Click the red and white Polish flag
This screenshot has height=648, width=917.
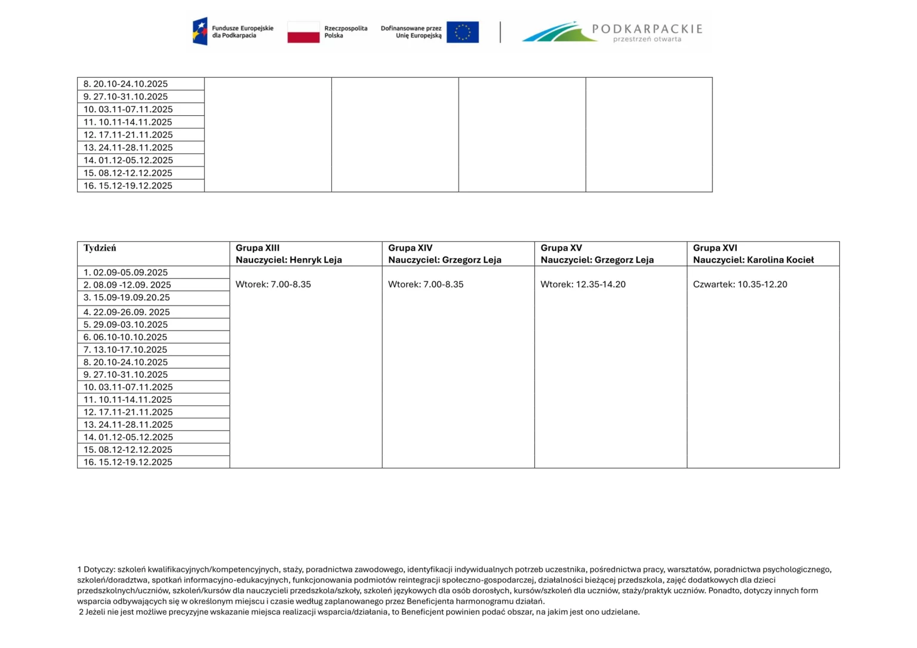click(303, 32)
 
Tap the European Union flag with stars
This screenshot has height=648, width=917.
click(462, 32)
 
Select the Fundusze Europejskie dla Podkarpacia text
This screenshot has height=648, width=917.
click(242, 32)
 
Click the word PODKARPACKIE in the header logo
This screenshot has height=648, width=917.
click(647, 29)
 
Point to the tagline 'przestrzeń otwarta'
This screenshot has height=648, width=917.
click(647, 39)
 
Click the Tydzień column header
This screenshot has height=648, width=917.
click(100, 248)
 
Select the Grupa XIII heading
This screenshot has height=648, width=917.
click(257, 248)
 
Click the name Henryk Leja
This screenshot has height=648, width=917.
click(316, 260)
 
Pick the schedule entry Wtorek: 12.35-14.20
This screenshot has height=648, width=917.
click(583, 285)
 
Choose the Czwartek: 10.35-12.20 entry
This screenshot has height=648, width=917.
click(740, 285)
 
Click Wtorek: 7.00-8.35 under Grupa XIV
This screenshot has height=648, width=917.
click(426, 285)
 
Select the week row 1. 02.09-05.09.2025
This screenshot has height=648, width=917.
click(125, 273)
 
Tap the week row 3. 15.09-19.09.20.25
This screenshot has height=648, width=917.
click(127, 298)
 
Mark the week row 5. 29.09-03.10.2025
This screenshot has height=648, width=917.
click(125, 325)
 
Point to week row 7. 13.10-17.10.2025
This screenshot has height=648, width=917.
click(125, 350)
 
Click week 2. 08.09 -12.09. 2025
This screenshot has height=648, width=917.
click(127, 285)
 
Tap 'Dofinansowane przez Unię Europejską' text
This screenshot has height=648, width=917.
click(411, 32)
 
